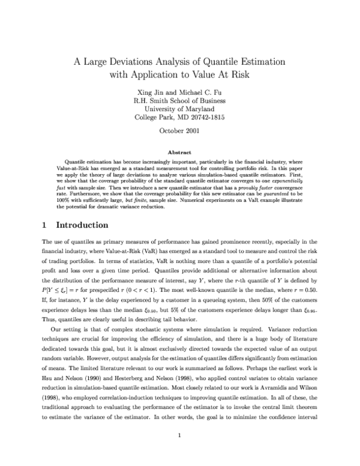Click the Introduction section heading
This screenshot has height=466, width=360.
click(x=82, y=225)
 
